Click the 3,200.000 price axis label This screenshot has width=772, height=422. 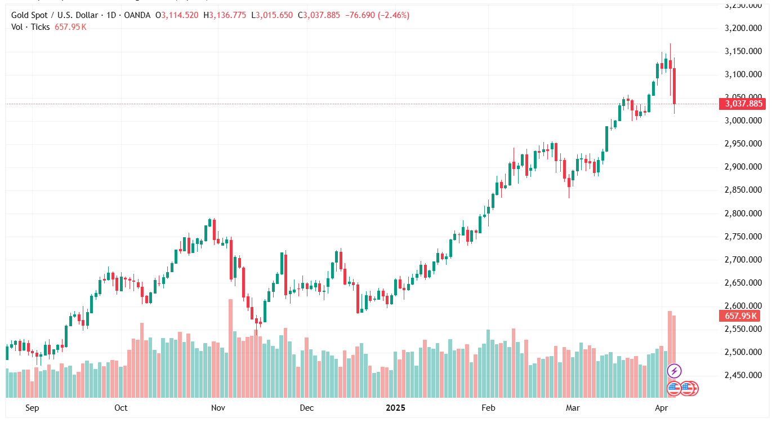[x=743, y=28]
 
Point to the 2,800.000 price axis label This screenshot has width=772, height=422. [x=743, y=214]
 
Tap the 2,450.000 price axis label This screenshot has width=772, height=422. [x=743, y=376]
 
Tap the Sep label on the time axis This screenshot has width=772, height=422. [x=32, y=407]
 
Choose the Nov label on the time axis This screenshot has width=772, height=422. [x=218, y=407]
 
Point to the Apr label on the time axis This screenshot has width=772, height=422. [x=661, y=407]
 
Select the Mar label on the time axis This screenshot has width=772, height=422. [x=573, y=407]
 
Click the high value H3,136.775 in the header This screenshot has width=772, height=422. [x=225, y=15]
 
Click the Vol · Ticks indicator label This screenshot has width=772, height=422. [x=30, y=26]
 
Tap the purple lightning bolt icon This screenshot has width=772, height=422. [x=674, y=371]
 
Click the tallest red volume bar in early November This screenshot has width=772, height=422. [x=230, y=348]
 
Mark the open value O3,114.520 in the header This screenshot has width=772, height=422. [x=177, y=15]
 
